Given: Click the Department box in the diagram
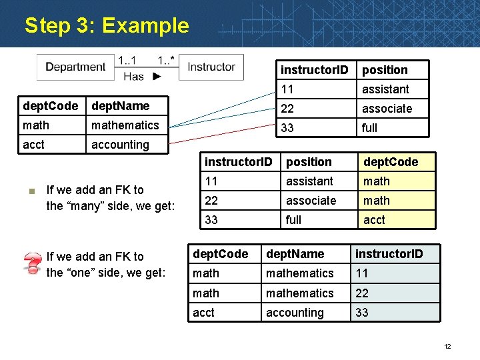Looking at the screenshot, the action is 75,67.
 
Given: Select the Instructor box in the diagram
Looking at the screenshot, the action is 211,67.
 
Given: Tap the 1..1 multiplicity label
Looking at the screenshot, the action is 128,60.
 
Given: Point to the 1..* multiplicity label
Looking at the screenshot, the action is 166,60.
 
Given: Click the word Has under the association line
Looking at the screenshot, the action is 133,76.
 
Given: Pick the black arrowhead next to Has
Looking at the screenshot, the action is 157,76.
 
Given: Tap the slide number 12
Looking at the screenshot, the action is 447,346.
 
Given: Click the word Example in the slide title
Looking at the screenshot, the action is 146,26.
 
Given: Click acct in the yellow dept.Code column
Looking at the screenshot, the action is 374,220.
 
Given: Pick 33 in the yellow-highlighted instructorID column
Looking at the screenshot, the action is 362,313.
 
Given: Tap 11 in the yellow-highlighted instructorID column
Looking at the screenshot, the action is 362,273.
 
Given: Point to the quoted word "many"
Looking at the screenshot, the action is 83,206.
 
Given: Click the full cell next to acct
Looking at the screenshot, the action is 293,220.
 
